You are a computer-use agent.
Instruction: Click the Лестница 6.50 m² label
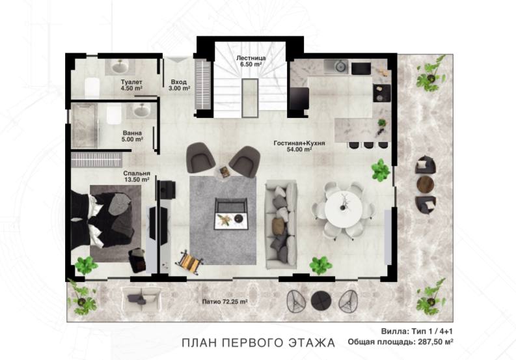coord(251,61)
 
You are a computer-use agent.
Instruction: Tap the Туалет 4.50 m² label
coord(131,85)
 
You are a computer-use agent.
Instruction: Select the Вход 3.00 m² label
coord(179,85)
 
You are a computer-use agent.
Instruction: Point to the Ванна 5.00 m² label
coord(132,136)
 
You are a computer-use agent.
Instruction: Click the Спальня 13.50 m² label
coord(137,176)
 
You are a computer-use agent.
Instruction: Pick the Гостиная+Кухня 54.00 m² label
coord(299,146)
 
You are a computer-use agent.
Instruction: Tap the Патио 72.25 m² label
coord(224,301)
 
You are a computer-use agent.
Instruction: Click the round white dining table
coord(343,209)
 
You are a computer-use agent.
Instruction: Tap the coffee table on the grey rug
coord(231,214)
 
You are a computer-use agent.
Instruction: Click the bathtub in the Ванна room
coord(85,125)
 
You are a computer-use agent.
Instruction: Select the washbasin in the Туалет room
coord(120,67)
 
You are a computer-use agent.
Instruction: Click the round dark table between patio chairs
coord(321,301)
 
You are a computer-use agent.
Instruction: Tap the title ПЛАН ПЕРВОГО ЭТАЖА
coord(258,342)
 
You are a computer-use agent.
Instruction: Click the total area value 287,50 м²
coord(435,342)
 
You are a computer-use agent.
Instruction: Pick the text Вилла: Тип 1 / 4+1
coord(417,331)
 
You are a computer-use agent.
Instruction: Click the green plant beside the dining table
coord(381,171)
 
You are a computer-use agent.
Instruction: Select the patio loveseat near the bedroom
coord(141,298)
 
